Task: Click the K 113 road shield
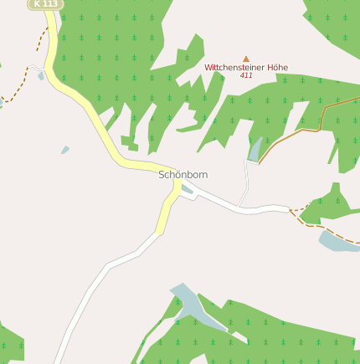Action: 45,4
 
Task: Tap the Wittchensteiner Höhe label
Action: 246,66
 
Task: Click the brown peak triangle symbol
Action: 246,59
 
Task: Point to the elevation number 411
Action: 246,75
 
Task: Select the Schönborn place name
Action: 183,175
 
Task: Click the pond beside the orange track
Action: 255,151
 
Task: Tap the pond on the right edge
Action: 338,241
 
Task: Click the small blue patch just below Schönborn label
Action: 186,190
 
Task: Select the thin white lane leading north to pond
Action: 247,180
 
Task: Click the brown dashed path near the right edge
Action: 322,225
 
